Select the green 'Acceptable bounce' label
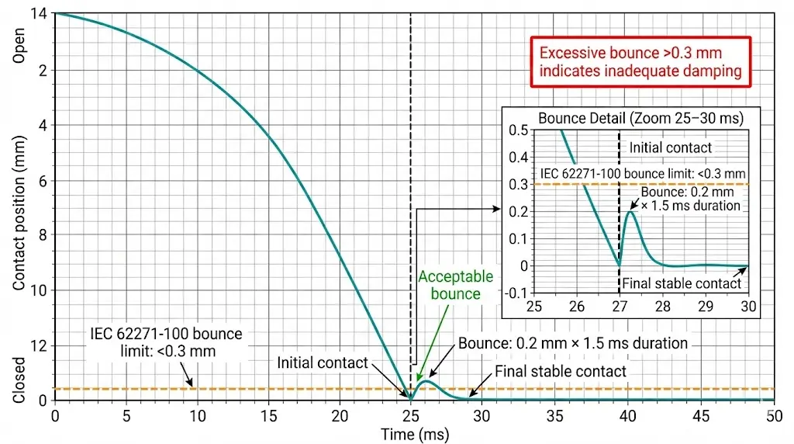tap(456, 285)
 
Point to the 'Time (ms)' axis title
tap(414, 435)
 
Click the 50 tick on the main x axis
tap(772, 416)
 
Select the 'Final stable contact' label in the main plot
tap(560, 371)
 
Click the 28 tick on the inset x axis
tap(661, 306)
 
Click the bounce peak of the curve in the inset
tap(631, 211)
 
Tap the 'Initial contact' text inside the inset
tap(670, 147)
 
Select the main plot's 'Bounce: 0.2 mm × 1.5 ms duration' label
tap(572, 343)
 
